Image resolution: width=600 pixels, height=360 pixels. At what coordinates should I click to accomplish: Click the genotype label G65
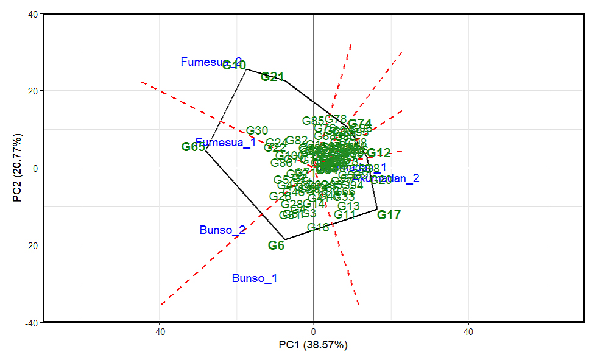click(x=193, y=147)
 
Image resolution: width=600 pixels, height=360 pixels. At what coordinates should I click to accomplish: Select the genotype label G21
click(x=272, y=77)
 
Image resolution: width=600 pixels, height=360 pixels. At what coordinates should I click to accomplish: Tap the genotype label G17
click(x=389, y=215)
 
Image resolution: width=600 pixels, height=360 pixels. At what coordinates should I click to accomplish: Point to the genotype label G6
click(x=276, y=245)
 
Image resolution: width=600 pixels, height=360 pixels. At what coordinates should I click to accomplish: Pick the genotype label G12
click(x=379, y=153)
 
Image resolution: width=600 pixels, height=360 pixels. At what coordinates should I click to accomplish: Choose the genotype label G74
click(x=360, y=124)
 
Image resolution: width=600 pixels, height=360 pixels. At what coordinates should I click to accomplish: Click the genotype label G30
click(x=257, y=130)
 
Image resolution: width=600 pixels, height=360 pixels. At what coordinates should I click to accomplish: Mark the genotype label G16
click(x=318, y=228)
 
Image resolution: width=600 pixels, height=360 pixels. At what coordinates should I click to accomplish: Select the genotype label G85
click(x=313, y=121)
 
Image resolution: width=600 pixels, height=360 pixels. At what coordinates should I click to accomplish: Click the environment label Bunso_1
click(x=255, y=278)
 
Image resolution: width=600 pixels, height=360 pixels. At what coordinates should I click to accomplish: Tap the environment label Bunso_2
click(x=222, y=230)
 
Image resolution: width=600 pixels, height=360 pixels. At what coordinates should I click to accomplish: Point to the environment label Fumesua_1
click(x=225, y=143)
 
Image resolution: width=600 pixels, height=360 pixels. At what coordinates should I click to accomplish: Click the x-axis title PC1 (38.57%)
click(x=313, y=345)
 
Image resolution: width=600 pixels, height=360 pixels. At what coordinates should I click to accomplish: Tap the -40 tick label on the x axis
click(x=158, y=332)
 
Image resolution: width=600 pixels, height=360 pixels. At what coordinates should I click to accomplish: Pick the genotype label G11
click(x=345, y=215)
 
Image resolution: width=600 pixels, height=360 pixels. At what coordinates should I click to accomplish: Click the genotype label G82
click(x=297, y=141)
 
